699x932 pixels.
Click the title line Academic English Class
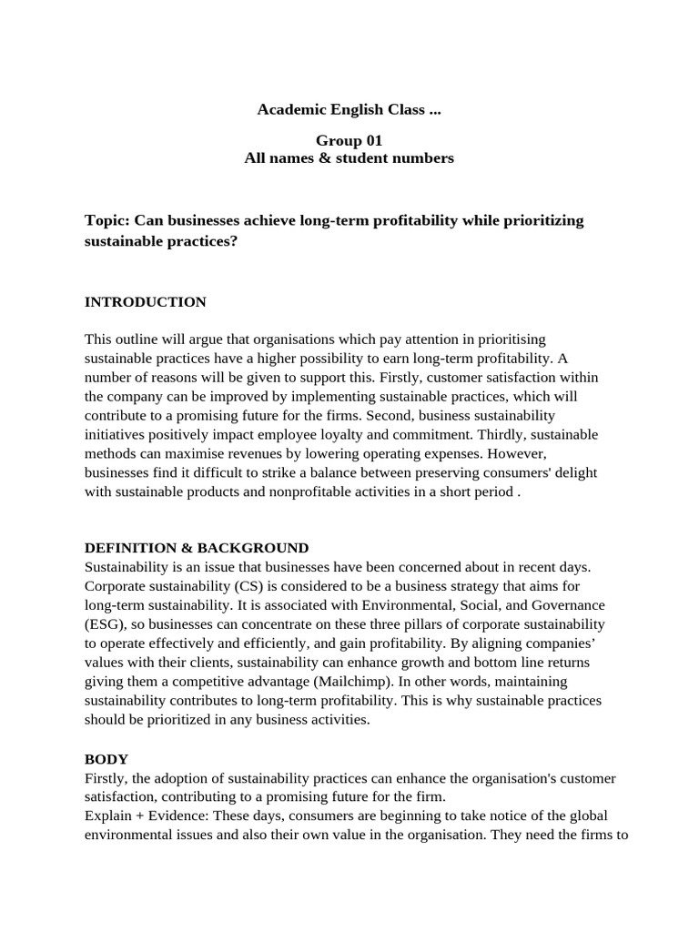click(349, 109)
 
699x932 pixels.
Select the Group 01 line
click(349, 140)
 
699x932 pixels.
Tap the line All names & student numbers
click(349, 158)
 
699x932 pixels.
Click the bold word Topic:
click(107, 220)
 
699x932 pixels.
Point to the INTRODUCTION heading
click(145, 301)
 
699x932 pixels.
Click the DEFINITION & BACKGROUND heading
click(196, 548)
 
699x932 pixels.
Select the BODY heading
click(106, 759)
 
